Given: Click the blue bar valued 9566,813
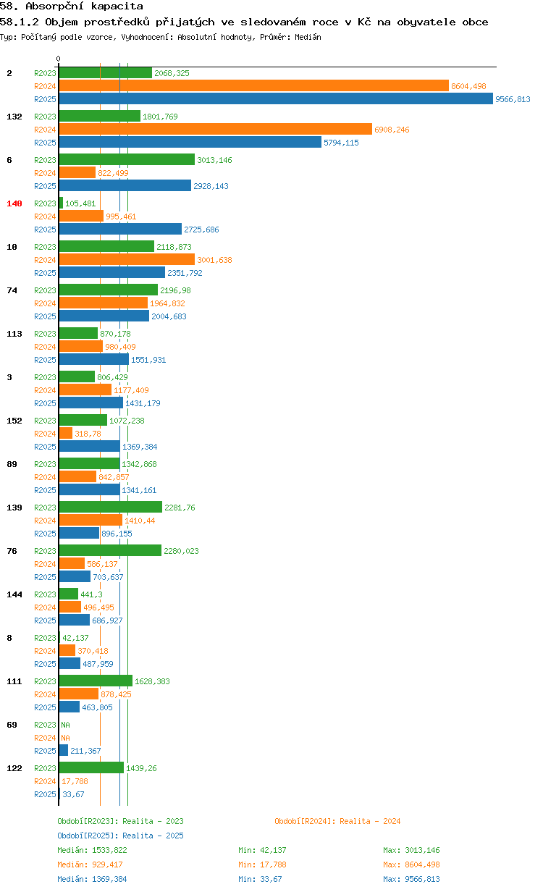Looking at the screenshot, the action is coord(276,98).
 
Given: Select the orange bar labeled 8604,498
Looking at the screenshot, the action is coord(254,85).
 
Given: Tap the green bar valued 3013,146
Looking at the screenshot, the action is coord(127,160).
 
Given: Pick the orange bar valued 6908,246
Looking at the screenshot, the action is coord(215,129).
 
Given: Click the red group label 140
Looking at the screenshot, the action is coord(14,203).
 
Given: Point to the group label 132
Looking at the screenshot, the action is coord(14,117).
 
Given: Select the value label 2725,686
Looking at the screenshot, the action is coord(201,230).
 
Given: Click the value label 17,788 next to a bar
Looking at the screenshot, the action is coord(75,781).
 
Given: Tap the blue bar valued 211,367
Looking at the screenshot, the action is coord(64,750).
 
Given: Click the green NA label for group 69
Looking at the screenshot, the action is coord(65,725).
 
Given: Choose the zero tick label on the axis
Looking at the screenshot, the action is coord(58,59).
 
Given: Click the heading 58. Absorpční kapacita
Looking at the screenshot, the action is coord(72,6).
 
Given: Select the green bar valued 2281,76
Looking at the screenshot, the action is coord(111,507).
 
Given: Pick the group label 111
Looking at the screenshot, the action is coord(14,681).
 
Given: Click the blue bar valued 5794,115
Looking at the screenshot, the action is coord(190,142).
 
